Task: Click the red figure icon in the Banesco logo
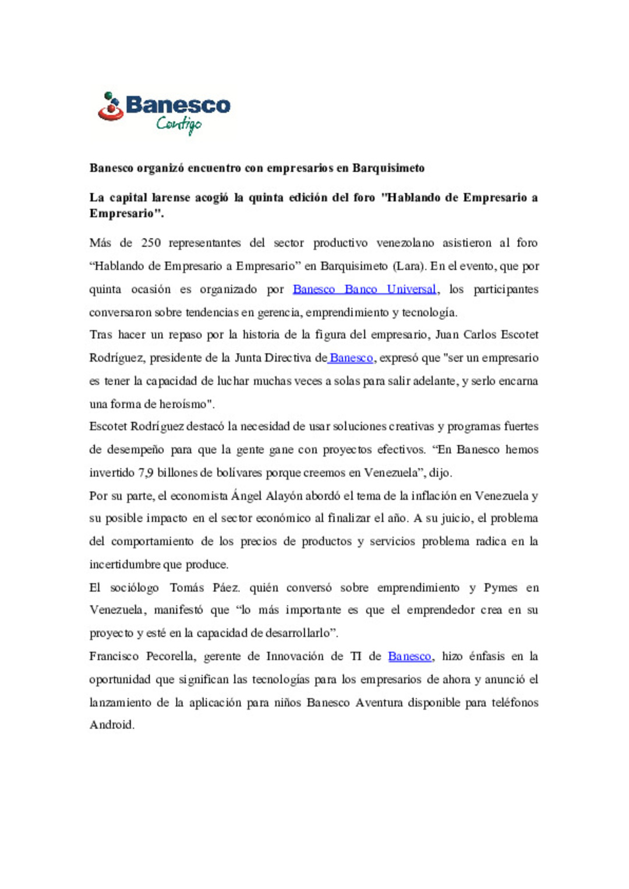[110, 108]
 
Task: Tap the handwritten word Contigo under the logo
[179, 124]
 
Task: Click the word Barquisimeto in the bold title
[388, 168]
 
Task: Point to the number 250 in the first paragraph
[151, 243]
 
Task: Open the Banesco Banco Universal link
[364, 289]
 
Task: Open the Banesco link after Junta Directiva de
[351, 358]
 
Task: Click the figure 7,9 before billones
[146, 472]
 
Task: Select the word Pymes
[500, 588]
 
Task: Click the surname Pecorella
[171, 656]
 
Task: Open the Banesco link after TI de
[409, 656]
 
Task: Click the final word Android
[111, 725]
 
